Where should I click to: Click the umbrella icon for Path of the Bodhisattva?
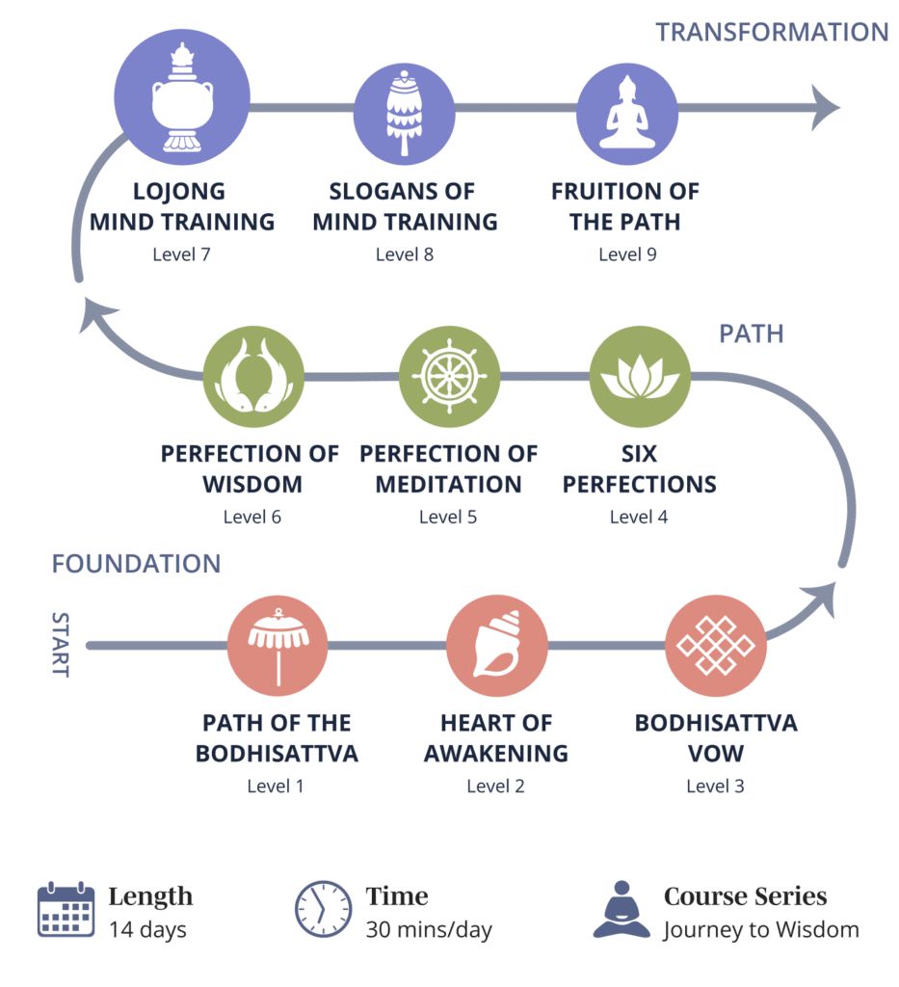tap(278, 646)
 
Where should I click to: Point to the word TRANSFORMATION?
tap(772, 32)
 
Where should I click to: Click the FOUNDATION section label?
tap(136, 564)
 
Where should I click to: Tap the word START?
tap(60, 644)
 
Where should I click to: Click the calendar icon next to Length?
tap(66, 910)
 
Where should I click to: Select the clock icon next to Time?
tap(323, 909)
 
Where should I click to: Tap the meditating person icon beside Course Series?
tap(621, 909)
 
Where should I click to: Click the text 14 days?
tap(147, 930)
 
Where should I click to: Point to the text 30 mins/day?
tap(429, 930)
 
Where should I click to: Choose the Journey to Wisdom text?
tap(761, 930)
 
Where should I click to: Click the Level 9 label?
tap(627, 254)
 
